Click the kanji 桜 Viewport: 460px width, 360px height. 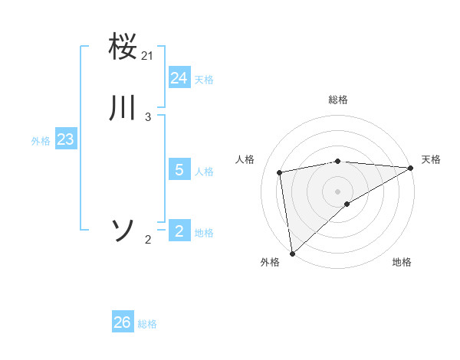[x=123, y=47]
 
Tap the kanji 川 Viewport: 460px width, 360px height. [x=123, y=108]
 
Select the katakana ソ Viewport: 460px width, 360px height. [x=123, y=230]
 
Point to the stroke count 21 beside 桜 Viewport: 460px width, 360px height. [x=148, y=56]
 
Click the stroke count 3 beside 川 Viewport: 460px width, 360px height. [x=148, y=116]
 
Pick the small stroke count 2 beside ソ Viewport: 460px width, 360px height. [x=148, y=240]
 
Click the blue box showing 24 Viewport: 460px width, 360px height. [x=179, y=78]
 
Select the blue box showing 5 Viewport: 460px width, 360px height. [x=179, y=170]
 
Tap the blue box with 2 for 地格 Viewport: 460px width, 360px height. [x=179, y=231]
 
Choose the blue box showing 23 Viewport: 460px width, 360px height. [x=65, y=140]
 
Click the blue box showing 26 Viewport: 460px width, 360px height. [x=123, y=322]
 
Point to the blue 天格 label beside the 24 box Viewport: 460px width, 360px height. [x=204, y=80]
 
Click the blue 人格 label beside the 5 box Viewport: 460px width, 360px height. [x=204, y=172]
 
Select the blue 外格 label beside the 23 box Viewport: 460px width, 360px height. [x=41, y=141]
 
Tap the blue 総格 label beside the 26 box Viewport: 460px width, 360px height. [x=147, y=324]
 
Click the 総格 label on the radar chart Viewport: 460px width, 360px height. [x=338, y=100]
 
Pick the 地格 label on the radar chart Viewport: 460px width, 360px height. [x=402, y=262]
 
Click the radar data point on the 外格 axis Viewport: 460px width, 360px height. [x=292, y=253]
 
